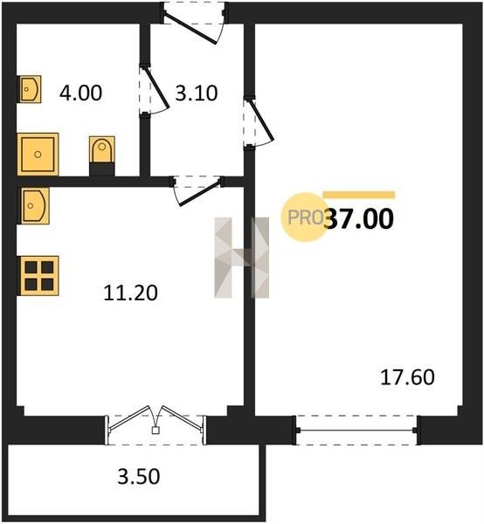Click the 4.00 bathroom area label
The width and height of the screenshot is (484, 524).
pyautogui.click(x=81, y=93)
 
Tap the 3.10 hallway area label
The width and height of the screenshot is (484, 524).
pyautogui.click(x=197, y=93)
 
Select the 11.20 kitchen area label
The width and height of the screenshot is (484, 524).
pyautogui.click(x=130, y=293)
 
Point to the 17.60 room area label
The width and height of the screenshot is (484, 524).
pyautogui.click(x=407, y=377)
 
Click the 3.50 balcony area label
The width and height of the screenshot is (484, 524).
pyautogui.click(x=139, y=477)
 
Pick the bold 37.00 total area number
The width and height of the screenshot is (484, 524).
pyautogui.click(x=359, y=218)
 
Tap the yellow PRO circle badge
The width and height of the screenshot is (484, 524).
pyautogui.click(x=305, y=217)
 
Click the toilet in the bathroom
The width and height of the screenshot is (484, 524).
pyautogui.click(x=102, y=155)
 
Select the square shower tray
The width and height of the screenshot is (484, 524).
pyautogui.click(x=38, y=154)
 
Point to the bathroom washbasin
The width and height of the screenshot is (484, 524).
pyautogui.click(x=30, y=89)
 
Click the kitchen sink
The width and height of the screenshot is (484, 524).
pyautogui.click(x=33, y=205)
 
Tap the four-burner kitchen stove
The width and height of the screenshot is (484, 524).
pyautogui.click(x=38, y=276)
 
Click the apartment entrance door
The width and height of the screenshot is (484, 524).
pyautogui.click(x=194, y=24)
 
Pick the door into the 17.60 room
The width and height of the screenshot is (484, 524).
pyautogui.click(x=259, y=122)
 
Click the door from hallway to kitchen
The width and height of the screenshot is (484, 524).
pyautogui.click(x=197, y=190)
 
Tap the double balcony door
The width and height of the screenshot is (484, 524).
pyautogui.click(x=156, y=425)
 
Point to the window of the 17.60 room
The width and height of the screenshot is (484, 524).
pyautogui.click(x=357, y=430)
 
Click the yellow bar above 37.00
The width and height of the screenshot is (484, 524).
pyautogui.click(x=359, y=195)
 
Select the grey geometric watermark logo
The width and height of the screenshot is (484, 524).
pyautogui.click(x=241, y=258)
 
